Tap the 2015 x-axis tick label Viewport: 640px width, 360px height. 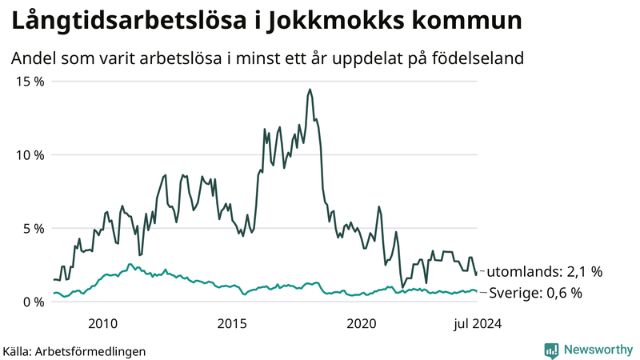tap(232, 323)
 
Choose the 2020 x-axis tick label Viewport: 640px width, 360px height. tap(362, 323)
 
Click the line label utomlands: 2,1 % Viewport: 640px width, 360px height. tap(544, 271)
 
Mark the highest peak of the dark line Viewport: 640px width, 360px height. tap(309, 90)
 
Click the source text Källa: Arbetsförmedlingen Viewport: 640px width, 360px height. tap(74, 350)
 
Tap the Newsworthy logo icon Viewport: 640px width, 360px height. tap(551, 350)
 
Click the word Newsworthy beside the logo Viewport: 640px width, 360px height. tap(596, 350)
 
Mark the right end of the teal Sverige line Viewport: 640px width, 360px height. tap(477, 292)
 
